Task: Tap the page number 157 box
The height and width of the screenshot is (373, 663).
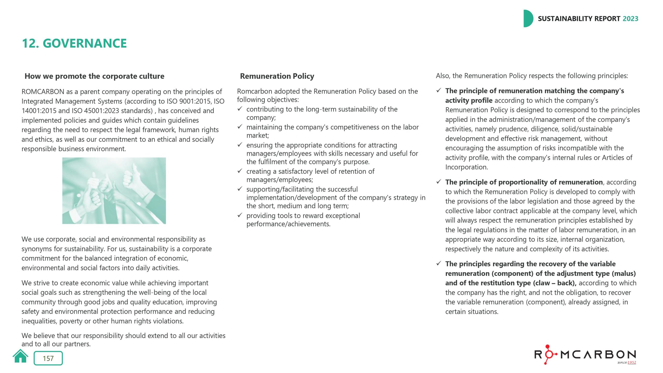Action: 48,358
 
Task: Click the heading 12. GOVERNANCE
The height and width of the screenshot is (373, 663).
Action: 74,43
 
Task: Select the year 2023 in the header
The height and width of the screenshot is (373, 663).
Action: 630,19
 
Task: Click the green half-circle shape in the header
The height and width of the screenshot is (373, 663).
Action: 528,19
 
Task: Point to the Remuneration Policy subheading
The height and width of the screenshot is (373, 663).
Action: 277,76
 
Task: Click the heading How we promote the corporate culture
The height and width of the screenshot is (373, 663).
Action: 94,76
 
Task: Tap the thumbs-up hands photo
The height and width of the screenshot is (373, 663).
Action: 114,191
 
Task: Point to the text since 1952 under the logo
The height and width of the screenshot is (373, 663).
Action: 626,362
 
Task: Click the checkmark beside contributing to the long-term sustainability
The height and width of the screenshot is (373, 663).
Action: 240,109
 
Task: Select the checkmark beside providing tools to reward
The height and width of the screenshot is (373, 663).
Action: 240,215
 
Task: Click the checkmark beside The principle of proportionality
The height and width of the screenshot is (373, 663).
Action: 438,182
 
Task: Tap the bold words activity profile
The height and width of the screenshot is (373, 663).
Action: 469,101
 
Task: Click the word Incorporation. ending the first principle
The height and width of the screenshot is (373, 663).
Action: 466,167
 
